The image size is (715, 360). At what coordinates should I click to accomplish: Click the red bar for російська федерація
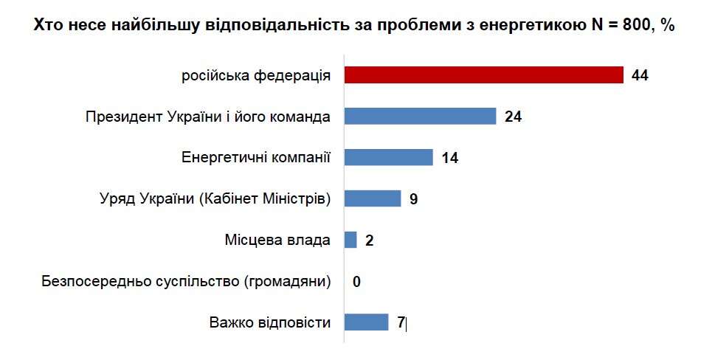[x=484, y=75]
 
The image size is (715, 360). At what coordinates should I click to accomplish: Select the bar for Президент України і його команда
[x=420, y=117]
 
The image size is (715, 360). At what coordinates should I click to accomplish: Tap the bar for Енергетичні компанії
[x=388, y=158]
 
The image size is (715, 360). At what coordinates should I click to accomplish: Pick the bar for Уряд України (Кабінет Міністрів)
[x=373, y=199]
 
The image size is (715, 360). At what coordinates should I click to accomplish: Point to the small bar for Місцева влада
[x=350, y=240]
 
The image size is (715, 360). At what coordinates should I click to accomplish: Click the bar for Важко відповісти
[x=366, y=322]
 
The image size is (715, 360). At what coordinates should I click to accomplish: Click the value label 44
[x=640, y=75]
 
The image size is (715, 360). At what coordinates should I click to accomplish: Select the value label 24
[x=514, y=117]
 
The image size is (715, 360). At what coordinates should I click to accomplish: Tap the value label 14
[x=450, y=158]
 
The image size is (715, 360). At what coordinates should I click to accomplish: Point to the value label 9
[x=414, y=199]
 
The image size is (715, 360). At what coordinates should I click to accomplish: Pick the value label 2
[x=369, y=240]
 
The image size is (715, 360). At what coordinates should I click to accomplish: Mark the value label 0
[x=356, y=282]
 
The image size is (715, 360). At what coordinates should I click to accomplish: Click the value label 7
[x=401, y=322]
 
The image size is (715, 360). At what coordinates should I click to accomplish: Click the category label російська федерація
[x=255, y=75]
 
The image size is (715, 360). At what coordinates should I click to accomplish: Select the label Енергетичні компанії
[x=255, y=158]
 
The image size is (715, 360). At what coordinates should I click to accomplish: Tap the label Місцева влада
[x=277, y=240]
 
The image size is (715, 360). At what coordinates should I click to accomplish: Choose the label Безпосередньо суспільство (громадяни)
[x=187, y=281]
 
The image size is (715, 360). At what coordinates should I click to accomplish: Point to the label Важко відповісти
[x=269, y=322]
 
